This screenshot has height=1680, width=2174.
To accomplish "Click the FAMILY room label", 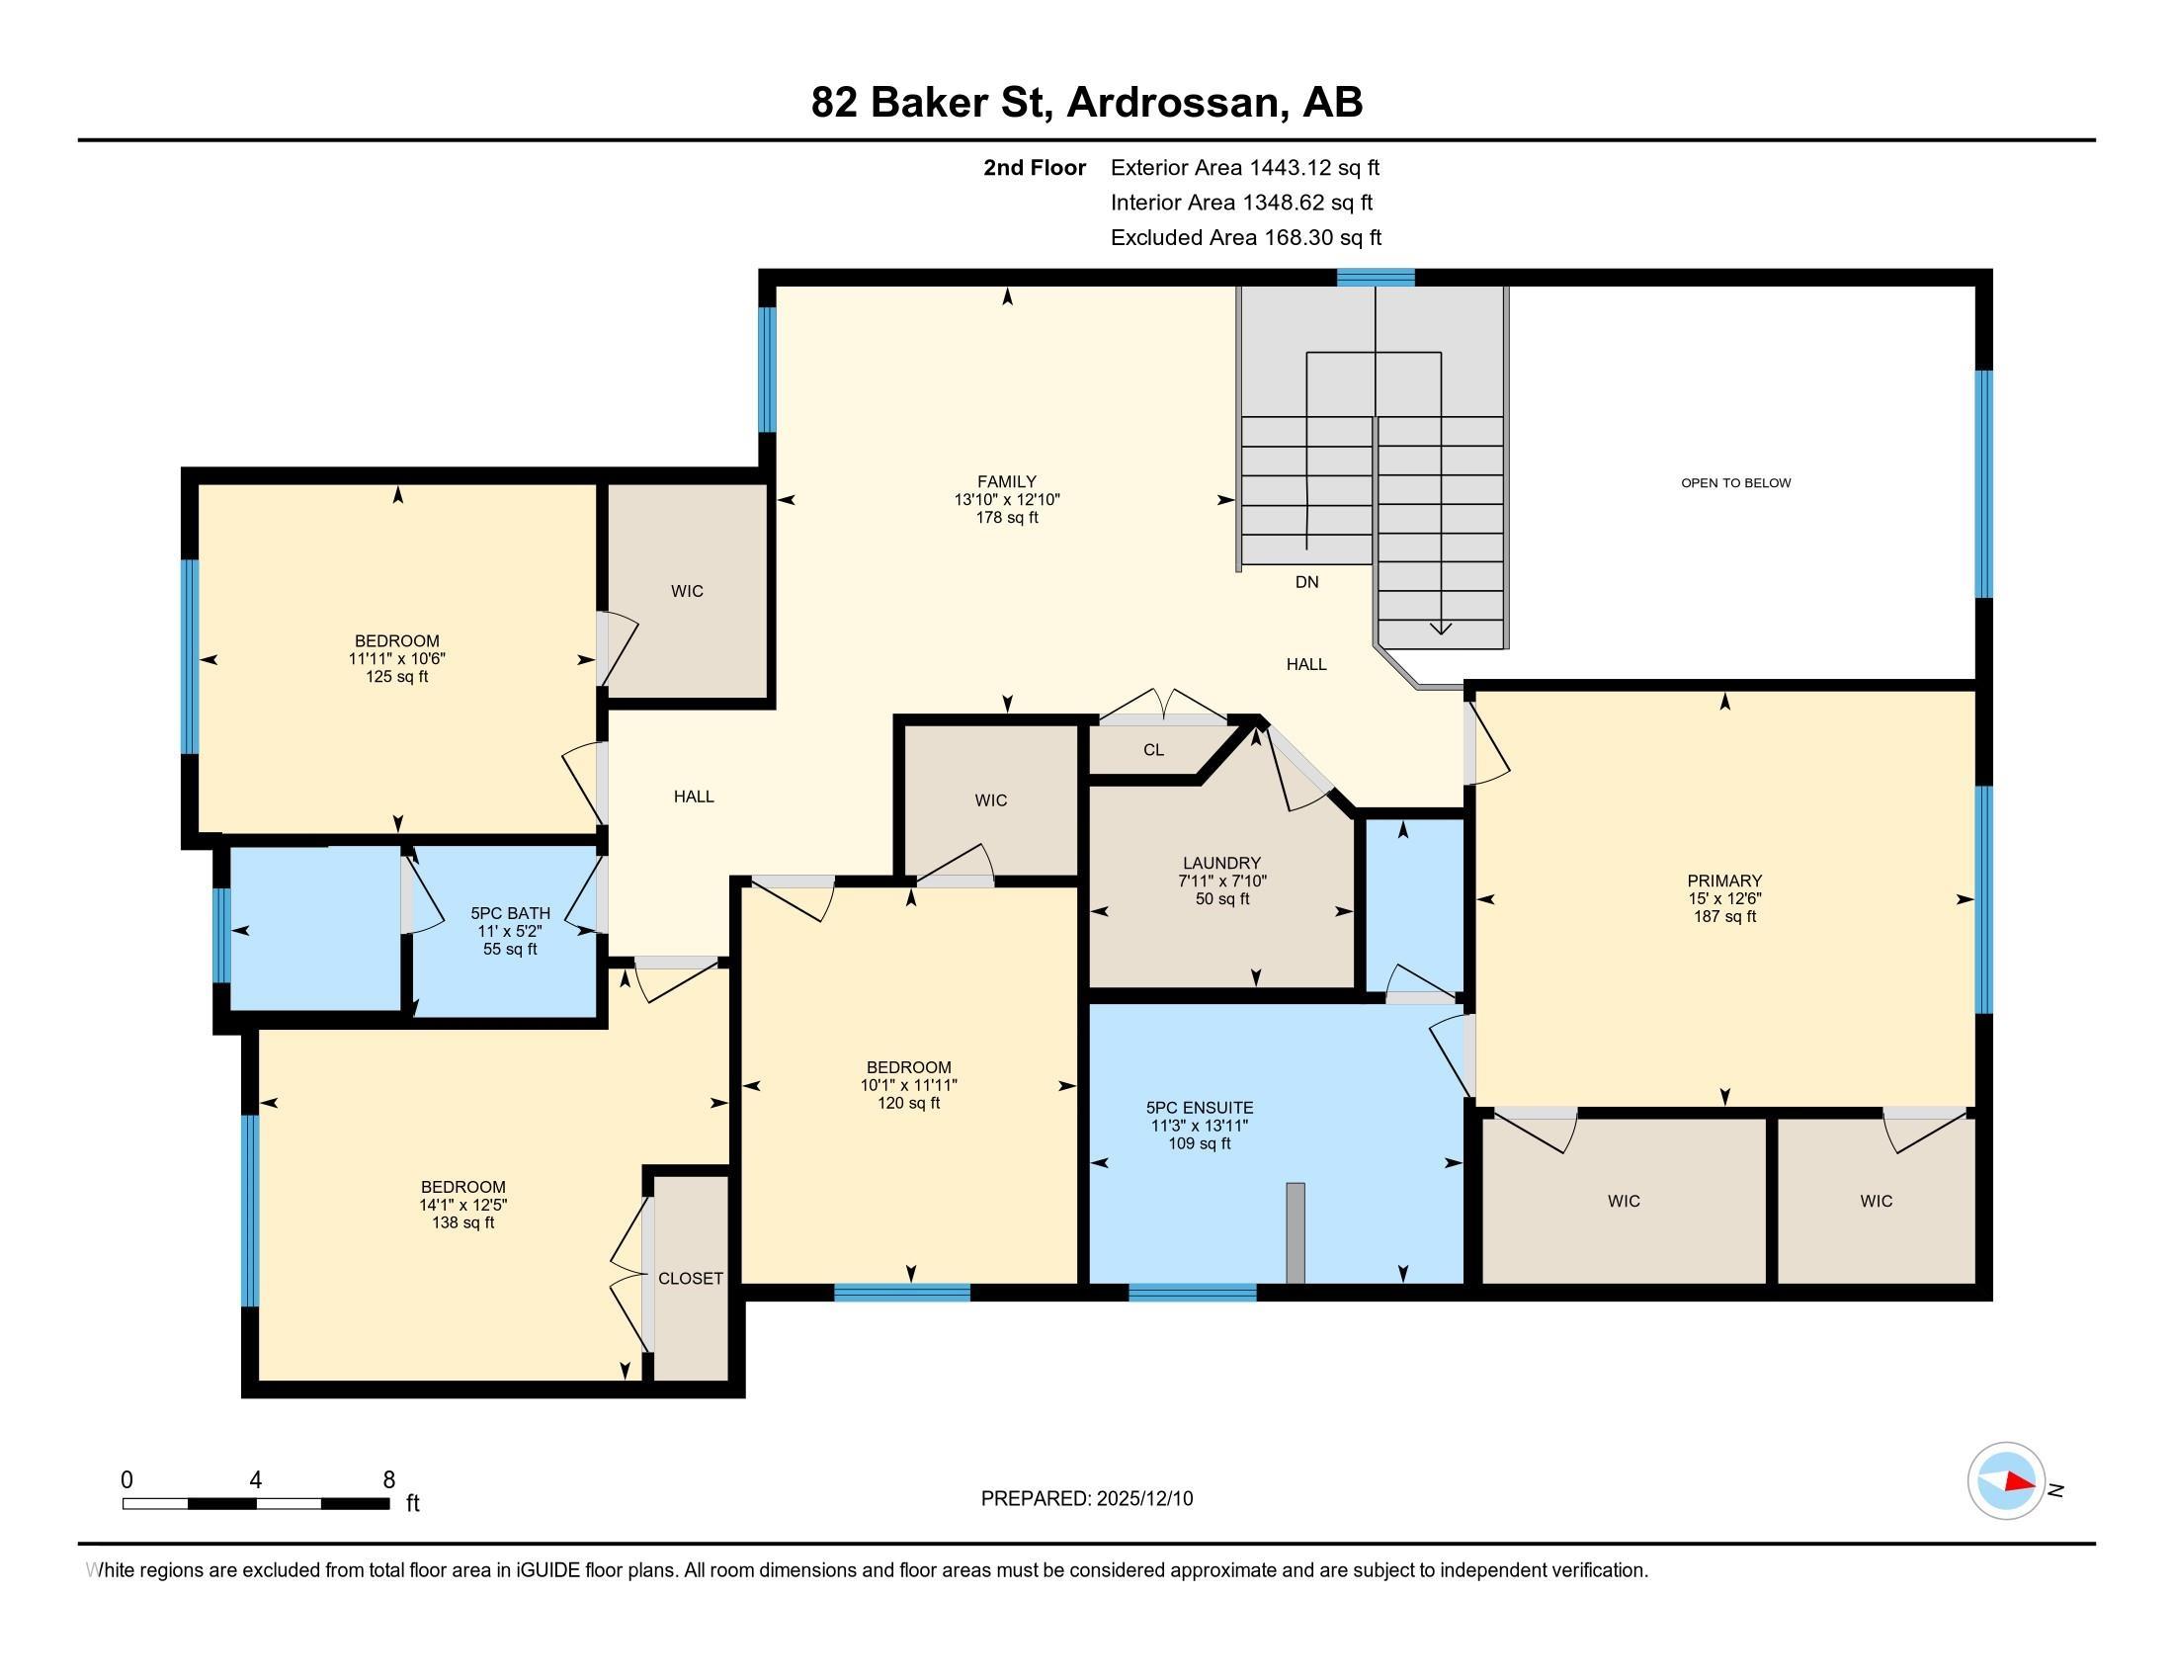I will coord(1006,481).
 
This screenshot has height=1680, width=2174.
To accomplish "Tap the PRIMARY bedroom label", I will coord(1724,881).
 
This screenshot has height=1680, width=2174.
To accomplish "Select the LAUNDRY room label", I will coord(1221,863).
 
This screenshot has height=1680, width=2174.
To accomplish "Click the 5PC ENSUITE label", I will coord(1200,1108).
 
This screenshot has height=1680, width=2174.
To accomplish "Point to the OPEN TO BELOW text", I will coord(1735,482).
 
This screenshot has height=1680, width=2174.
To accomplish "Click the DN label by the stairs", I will coord(1306,582).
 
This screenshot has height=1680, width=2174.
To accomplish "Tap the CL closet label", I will coord(1152,750).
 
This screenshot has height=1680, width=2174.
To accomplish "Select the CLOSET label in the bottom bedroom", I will coord(690,1279).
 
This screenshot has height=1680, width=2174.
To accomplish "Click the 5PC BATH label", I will coord(510,914).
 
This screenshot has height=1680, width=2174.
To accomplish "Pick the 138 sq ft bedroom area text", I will coord(462,1222).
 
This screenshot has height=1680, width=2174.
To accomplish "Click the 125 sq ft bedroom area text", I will coord(396,677).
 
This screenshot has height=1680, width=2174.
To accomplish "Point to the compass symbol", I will coord(2006,1481).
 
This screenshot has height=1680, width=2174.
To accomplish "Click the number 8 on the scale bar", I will coord(389,1480).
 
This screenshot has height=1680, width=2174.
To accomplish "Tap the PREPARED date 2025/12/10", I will coord(1142,1499).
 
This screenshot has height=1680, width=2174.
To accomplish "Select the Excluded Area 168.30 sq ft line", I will coord(1245,238).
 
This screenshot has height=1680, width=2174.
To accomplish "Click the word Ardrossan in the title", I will coord(1173,103).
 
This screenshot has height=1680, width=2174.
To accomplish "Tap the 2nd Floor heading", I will coord(1034,168).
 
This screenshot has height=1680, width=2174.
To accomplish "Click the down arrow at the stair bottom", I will coord(1441,628).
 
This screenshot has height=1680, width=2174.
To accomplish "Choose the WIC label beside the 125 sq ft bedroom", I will coord(687,591).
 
